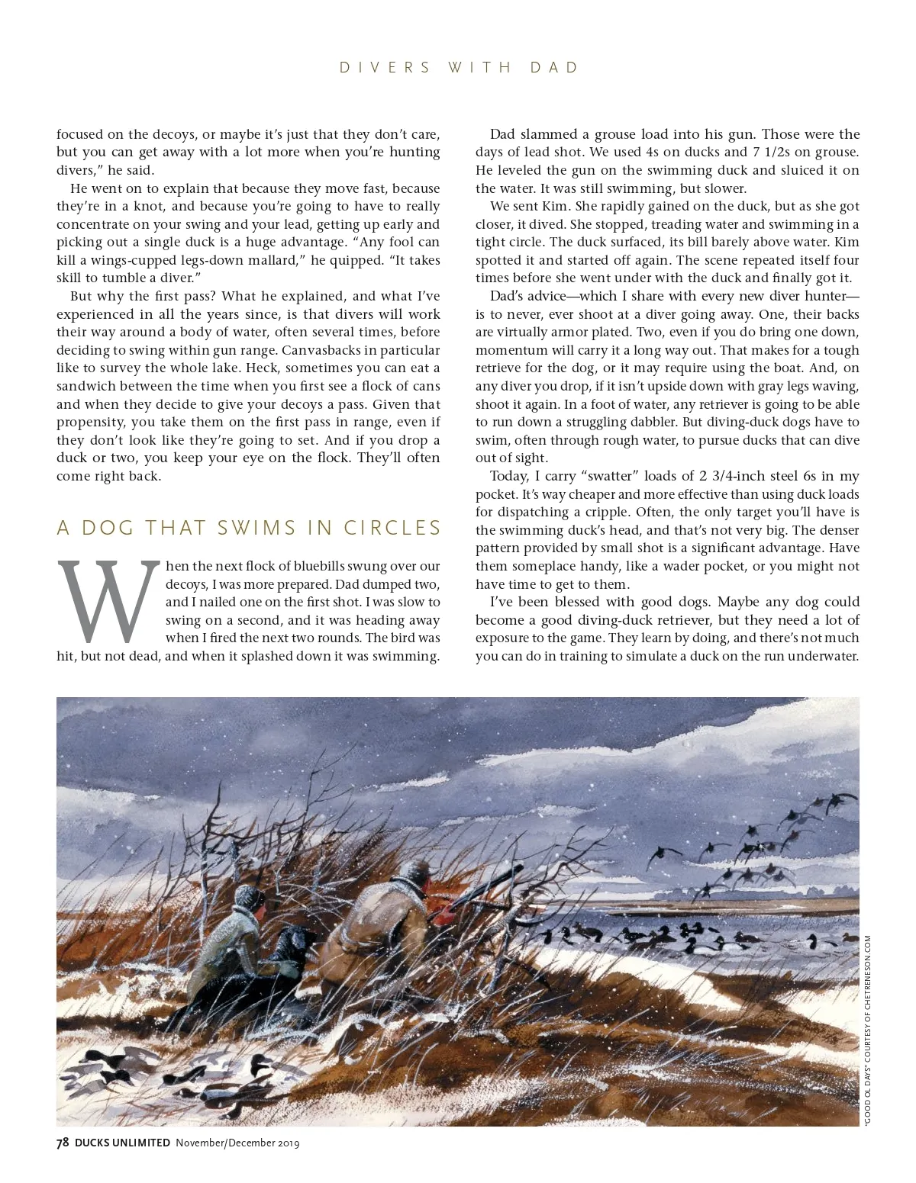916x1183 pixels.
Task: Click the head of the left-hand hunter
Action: pos(250,899)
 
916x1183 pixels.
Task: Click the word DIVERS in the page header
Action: pos(385,68)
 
